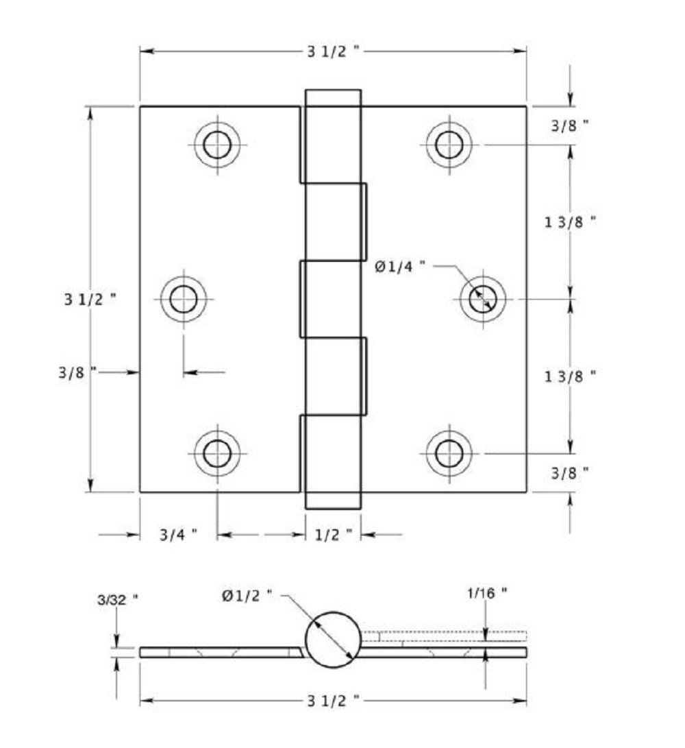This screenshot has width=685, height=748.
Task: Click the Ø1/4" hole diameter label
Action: (400, 267)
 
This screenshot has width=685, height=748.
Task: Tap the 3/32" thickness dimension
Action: (117, 598)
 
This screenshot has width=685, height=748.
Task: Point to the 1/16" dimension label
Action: (488, 594)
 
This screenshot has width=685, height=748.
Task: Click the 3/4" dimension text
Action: (178, 535)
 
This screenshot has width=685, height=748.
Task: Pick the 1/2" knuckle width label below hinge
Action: (333, 535)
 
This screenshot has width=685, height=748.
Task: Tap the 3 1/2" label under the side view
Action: (334, 701)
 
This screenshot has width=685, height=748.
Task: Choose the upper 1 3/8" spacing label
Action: (570, 221)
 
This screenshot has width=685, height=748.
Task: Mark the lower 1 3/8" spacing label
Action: (570, 376)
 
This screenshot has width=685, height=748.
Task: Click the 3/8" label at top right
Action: (570, 125)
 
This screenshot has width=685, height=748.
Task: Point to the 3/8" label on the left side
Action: (77, 372)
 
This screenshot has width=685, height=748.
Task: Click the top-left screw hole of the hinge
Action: (217, 145)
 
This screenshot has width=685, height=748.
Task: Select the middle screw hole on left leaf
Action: (184, 299)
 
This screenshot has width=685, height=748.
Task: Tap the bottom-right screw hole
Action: (449, 453)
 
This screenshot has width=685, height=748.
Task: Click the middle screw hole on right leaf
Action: (483, 299)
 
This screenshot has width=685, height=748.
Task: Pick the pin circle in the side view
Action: (332, 638)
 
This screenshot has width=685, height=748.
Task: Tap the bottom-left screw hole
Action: (217, 453)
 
